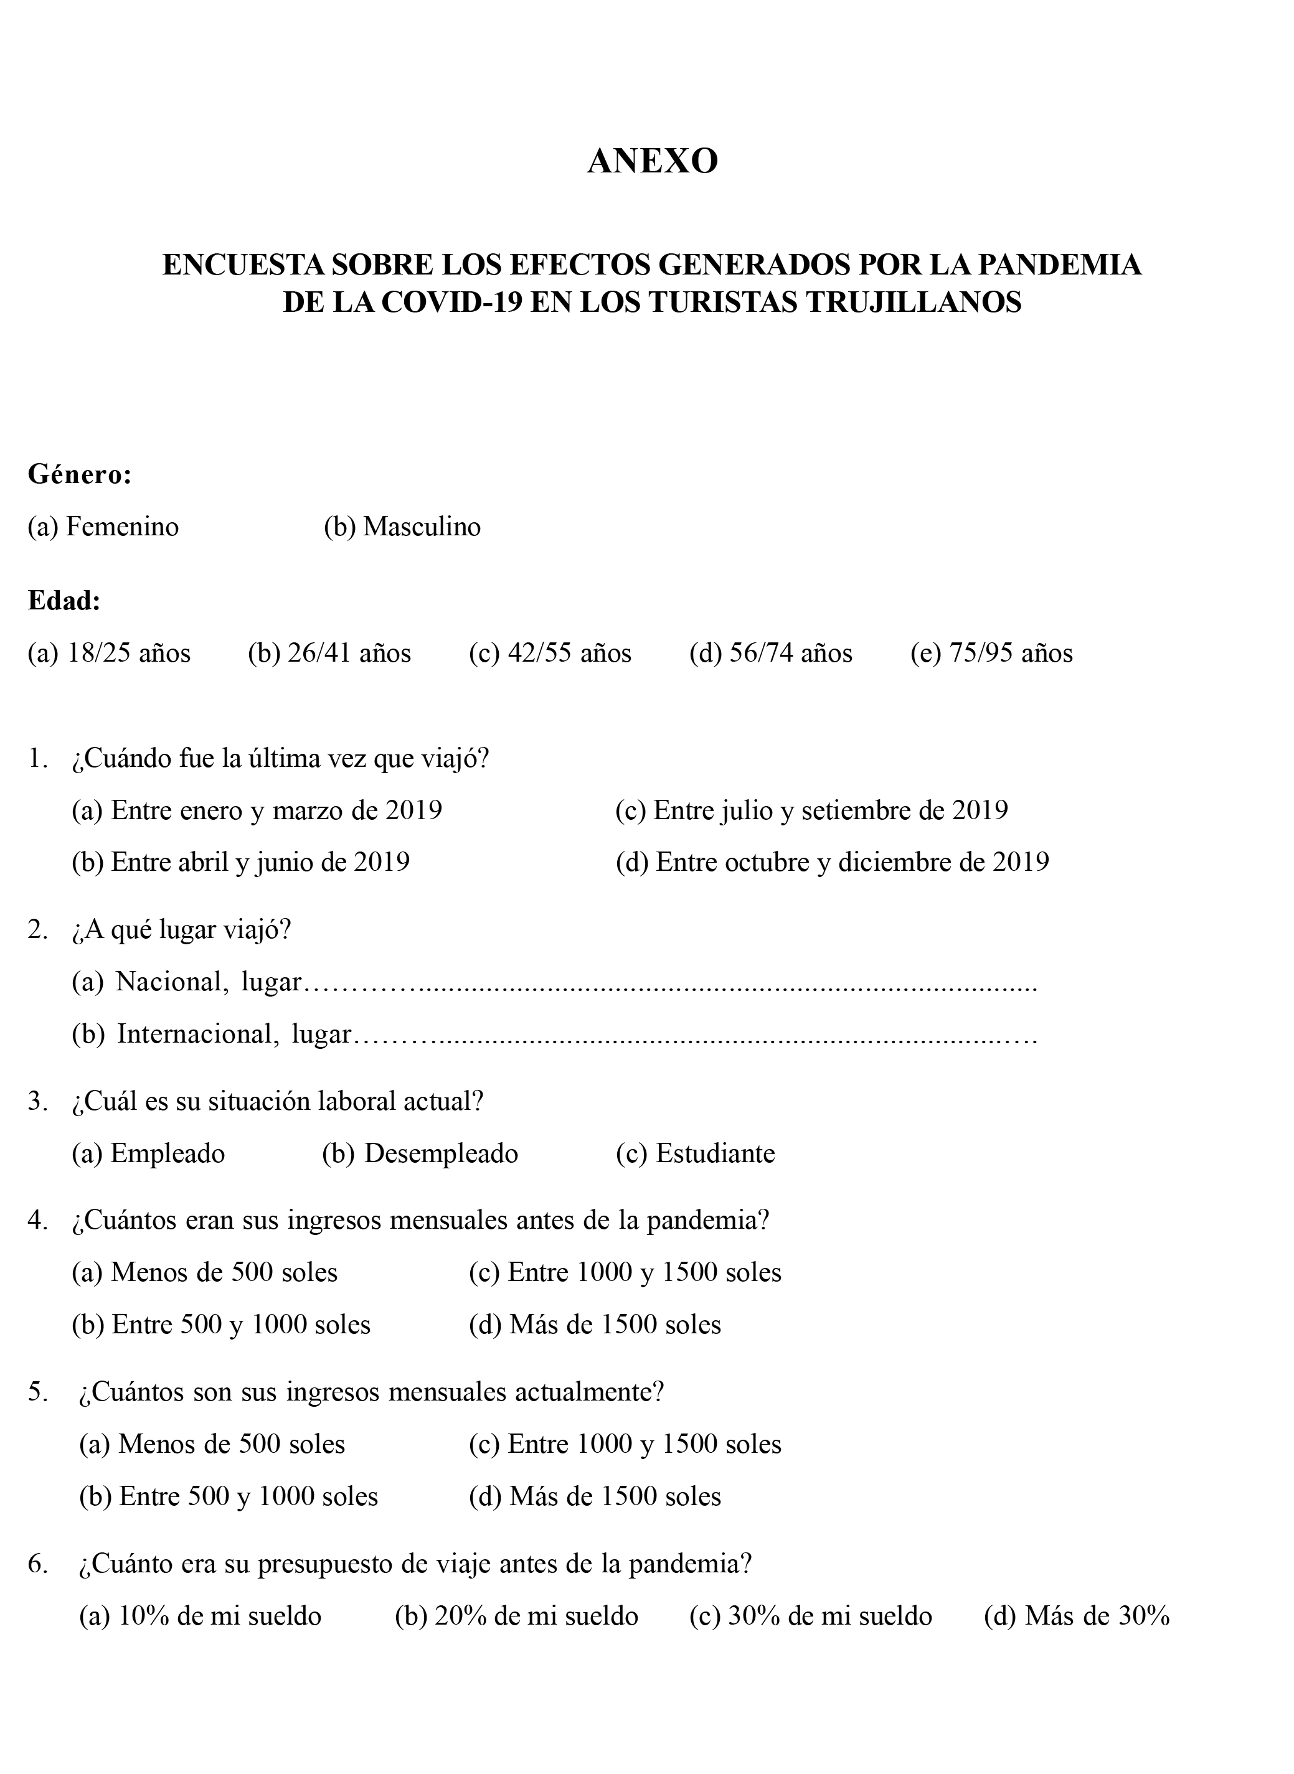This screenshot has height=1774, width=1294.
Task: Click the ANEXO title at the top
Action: tap(653, 161)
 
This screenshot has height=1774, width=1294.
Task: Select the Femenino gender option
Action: tap(103, 527)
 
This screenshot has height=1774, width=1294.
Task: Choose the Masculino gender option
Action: tap(402, 527)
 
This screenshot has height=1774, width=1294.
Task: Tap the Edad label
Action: tap(64, 601)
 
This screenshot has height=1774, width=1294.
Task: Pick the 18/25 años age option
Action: tap(110, 653)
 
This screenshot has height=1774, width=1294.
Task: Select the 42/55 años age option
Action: tap(550, 653)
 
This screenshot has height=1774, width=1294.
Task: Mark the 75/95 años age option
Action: tap(991, 653)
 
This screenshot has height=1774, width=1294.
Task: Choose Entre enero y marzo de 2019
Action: tap(257, 810)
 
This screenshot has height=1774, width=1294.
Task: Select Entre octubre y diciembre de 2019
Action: tap(832, 862)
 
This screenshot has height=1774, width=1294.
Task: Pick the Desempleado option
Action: tap(420, 1153)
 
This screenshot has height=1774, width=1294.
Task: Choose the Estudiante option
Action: tap(695, 1153)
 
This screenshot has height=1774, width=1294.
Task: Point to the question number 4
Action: tap(37, 1221)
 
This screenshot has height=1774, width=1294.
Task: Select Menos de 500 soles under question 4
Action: tap(204, 1272)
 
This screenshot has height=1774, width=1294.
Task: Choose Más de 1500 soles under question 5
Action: tap(595, 1496)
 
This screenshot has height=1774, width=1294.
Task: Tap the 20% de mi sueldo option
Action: tap(516, 1615)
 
